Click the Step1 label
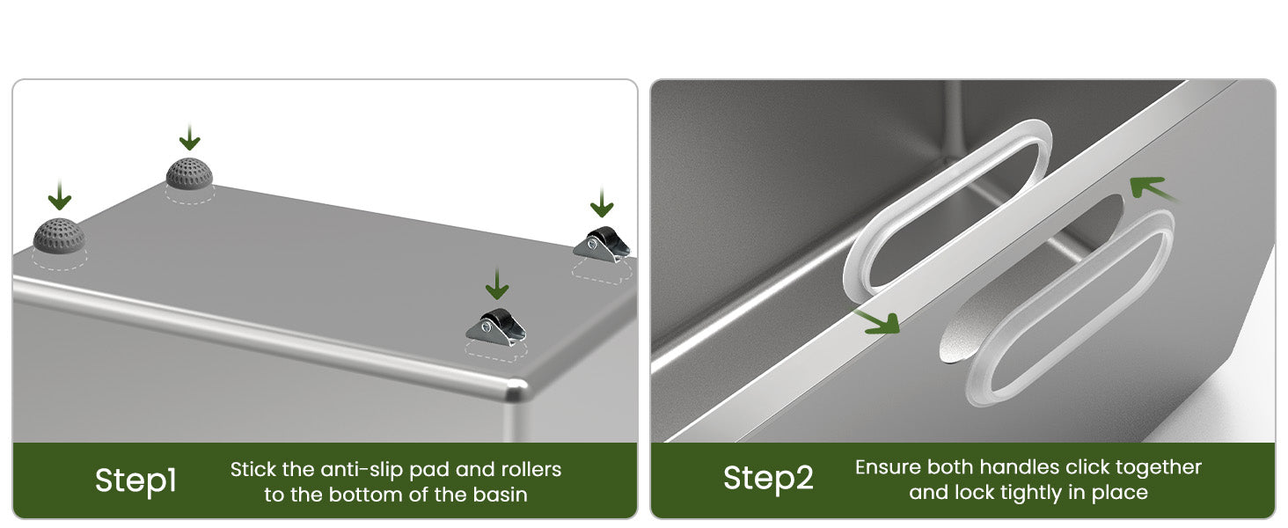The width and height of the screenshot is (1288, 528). click(135, 480)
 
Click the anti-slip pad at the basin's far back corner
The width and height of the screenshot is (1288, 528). click(189, 173)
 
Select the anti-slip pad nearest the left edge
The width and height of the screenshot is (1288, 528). click(59, 236)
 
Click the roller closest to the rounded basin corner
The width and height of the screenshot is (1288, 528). click(495, 328)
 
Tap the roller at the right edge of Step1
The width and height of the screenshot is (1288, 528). click(602, 245)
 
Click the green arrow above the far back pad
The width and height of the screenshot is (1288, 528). click(189, 137)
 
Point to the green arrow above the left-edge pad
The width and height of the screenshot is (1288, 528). click(59, 195)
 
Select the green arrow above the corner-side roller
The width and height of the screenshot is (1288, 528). click(497, 284)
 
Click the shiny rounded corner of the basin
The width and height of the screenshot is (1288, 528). click(516, 389)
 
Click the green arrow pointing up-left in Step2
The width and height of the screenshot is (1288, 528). click(1151, 188)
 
